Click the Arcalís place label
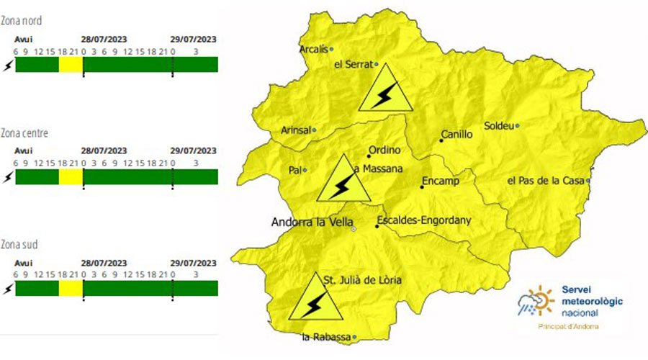pos(313,50)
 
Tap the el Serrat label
pos(353,64)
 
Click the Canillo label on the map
pos(457,135)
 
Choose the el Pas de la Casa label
pos(545,181)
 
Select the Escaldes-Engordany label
pos(423,220)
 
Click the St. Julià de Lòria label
pos(361,279)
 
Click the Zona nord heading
pos(21,22)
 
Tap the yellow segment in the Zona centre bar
pos(71,177)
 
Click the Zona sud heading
pos(19,246)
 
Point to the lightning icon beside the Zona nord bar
pos(8,66)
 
